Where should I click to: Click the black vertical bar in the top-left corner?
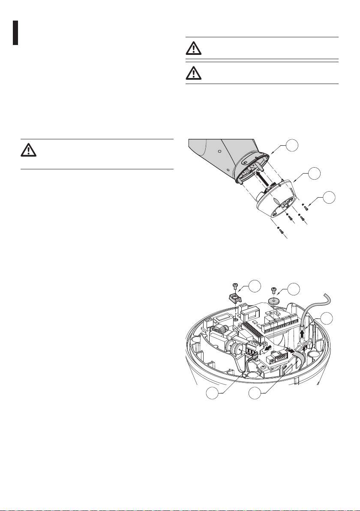point(15,33)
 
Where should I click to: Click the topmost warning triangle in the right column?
point(194,48)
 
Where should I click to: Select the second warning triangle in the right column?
point(194,73)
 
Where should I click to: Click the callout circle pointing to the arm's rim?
point(293,146)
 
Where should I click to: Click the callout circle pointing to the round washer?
point(293,289)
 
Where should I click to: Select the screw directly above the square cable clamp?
point(235,286)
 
